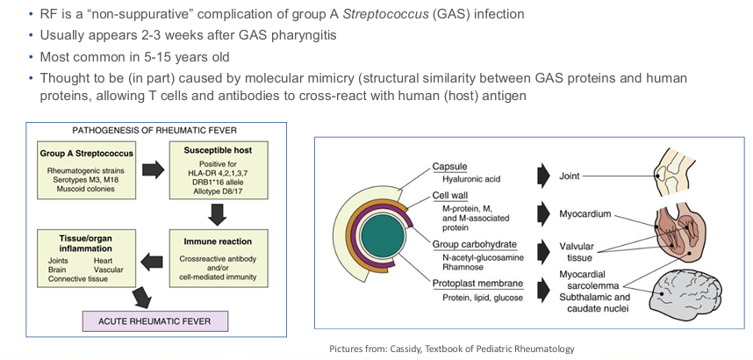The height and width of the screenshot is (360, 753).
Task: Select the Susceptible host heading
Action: point(218,150)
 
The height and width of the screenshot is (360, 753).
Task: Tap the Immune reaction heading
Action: point(218,241)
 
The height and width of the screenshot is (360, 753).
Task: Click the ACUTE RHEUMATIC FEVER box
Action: point(154,321)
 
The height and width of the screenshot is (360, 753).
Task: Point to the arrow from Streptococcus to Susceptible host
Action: point(154,170)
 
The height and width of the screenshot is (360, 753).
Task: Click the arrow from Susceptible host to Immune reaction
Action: point(218,214)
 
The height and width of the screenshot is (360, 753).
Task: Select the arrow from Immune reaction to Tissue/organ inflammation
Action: point(152,262)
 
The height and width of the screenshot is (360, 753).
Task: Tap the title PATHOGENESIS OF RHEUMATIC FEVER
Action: point(154,130)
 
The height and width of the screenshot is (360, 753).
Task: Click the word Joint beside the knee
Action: point(569,176)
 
